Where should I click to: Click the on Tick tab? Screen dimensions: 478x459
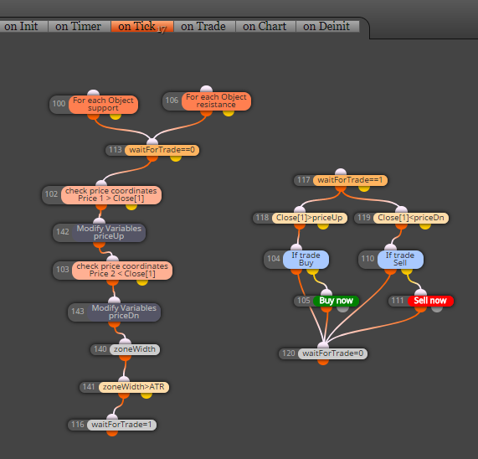pos(142,27)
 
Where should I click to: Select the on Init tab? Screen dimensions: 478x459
pos(23,27)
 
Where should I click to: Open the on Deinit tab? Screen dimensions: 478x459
pos(327,27)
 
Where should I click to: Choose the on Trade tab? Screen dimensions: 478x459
pos(204,27)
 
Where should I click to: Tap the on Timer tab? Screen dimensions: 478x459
pos(80,27)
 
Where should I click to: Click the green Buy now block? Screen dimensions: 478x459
pos(336,301)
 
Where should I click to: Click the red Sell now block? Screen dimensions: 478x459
pos(430,301)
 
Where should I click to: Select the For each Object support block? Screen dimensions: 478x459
pos(103,105)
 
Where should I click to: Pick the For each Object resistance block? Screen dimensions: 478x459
pos(217,101)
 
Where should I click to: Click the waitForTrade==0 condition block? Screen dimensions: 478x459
pos(162,150)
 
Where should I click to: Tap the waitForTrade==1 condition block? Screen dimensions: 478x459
pos(350,180)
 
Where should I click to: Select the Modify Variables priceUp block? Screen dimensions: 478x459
pos(109,232)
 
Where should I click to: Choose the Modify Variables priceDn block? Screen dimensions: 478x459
pos(124,312)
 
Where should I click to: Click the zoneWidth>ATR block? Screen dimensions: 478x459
pos(134,387)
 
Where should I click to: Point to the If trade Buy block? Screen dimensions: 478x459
pos(306,260)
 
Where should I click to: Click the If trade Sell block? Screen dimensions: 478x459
pos(400,260)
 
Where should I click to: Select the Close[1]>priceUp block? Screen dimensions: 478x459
pos(310,218)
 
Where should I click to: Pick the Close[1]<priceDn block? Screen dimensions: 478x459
pos(411,218)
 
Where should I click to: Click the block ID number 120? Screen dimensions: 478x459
pos(288,353)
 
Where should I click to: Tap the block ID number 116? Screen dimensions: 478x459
pos(77,425)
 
